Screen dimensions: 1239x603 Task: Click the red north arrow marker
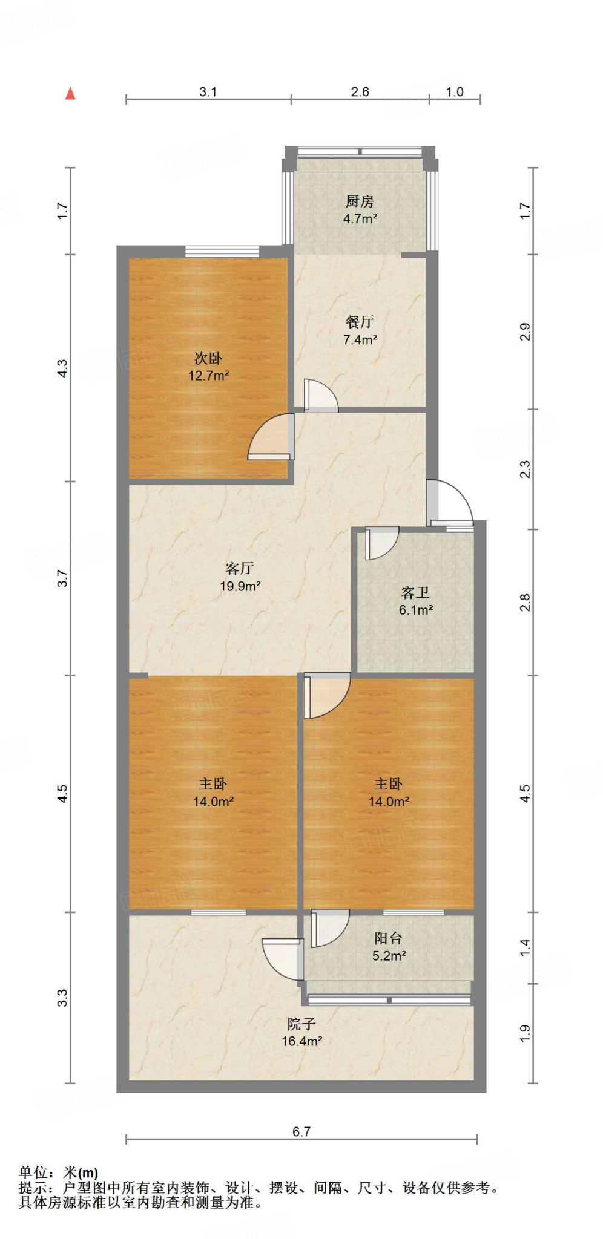point(70,93)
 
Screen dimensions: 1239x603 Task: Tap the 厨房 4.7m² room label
point(360,209)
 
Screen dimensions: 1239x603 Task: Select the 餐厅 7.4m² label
point(360,330)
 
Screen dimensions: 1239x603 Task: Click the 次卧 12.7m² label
point(208,367)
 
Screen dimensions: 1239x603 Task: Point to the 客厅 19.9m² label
point(240,577)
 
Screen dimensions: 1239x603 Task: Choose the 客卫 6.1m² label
point(415,601)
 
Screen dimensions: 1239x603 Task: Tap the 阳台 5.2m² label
point(388,947)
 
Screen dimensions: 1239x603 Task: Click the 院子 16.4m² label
point(301,1032)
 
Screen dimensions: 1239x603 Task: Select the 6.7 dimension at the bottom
point(301,1131)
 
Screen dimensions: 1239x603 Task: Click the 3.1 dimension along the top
point(208,92)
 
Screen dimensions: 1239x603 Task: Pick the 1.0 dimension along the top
point(454,92)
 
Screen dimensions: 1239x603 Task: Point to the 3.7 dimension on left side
point(62,578)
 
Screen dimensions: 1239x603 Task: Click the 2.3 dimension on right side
point(524,469)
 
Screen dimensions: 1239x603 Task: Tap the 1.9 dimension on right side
point(524,1033)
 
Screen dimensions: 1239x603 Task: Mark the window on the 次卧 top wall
point(222,251)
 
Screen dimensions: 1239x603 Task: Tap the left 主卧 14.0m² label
point(213,793)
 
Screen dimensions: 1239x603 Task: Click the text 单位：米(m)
point(58,1172)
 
